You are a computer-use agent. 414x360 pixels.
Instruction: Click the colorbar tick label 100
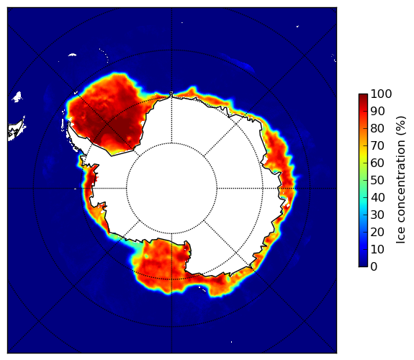381,94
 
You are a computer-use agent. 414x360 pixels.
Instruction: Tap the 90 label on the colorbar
377,111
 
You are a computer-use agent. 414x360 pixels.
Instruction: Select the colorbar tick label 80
377,128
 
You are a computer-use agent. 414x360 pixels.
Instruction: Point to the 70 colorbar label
377,145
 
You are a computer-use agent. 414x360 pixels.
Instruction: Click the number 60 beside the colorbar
377,163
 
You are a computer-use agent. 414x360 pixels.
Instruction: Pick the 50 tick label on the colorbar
377,181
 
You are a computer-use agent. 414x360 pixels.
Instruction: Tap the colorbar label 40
377,197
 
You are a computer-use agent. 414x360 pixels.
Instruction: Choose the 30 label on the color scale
377,215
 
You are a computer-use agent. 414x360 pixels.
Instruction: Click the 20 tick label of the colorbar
377,232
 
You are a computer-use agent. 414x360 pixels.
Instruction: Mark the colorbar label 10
377,250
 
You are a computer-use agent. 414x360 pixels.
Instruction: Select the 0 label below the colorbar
374,267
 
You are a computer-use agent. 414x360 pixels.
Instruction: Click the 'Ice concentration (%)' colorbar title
400,180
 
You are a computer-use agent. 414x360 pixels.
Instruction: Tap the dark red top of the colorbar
363,96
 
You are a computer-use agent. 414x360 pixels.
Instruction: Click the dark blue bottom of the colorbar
363,264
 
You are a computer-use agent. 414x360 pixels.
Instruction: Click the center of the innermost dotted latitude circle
171,189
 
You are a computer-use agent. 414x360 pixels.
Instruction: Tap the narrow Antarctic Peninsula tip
69,124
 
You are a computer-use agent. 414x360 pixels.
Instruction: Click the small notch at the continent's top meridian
171,94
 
